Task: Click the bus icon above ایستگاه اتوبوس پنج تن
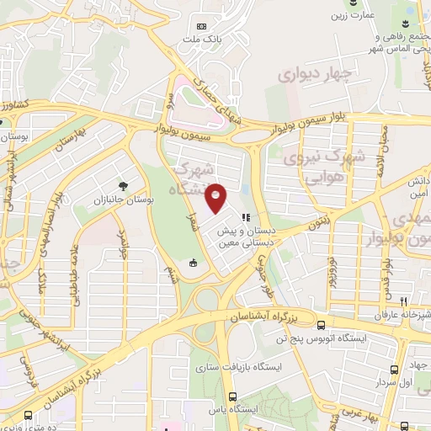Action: tap(320, 325)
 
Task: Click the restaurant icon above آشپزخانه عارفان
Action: tap(403, 301)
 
